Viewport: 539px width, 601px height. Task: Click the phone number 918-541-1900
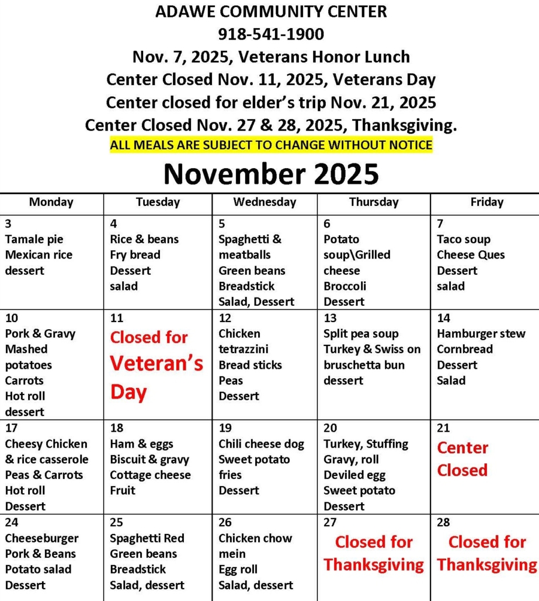click(x=270, y=34)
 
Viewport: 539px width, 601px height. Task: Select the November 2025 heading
click(x=270, y=173)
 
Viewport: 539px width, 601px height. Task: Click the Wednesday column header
click(x=264, y=202)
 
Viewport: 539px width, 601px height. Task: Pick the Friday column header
click(x=486, y=202)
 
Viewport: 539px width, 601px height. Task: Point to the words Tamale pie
click(x=34, y=239)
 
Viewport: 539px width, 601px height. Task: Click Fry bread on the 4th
click(x=135, y=255)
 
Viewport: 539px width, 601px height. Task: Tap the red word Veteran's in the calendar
click(x=157, y=364)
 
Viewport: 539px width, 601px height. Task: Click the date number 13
click(x=330, y=318)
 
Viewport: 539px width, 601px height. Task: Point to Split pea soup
click(x=361, y=334)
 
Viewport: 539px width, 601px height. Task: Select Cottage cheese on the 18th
click(x=150, y=475)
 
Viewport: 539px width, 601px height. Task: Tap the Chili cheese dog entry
click(x=261, y=444)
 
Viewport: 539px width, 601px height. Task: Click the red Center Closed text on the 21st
click(x=463, y=459)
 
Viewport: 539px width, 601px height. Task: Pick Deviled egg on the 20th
click(x=354, y=475)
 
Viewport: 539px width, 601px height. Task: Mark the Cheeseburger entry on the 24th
click(x=41, y=538)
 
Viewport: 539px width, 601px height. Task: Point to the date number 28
click(x=443, y=523)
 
